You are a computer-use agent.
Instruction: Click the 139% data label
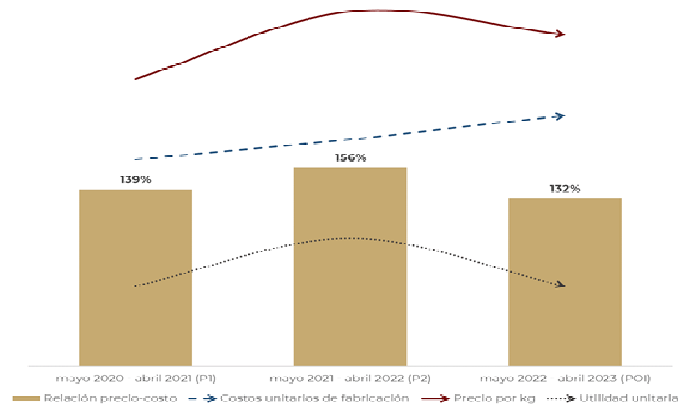135,180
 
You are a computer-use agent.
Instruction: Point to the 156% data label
350,158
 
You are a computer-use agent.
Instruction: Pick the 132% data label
565,188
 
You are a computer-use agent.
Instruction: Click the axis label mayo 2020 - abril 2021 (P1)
135,378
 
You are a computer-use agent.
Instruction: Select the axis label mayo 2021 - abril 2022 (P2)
350,378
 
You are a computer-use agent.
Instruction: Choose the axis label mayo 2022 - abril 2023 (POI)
565,378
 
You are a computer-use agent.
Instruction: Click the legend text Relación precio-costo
110,399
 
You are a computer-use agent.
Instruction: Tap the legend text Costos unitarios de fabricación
314,399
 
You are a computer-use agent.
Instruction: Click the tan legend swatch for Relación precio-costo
26,399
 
